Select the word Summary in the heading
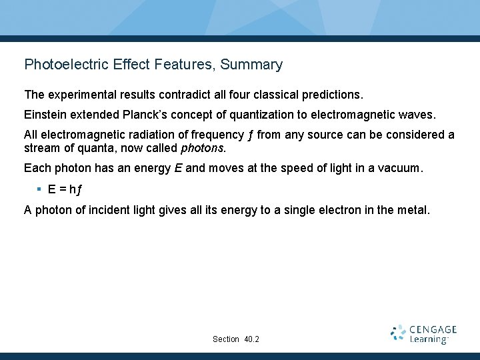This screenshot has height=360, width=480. tap(251, 65)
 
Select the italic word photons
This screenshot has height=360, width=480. tap(203, 148)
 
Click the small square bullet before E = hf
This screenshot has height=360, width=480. tap(39, 189)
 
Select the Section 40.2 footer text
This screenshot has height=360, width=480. tap(236, 339)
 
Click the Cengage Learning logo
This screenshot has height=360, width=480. tap(423, 334)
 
